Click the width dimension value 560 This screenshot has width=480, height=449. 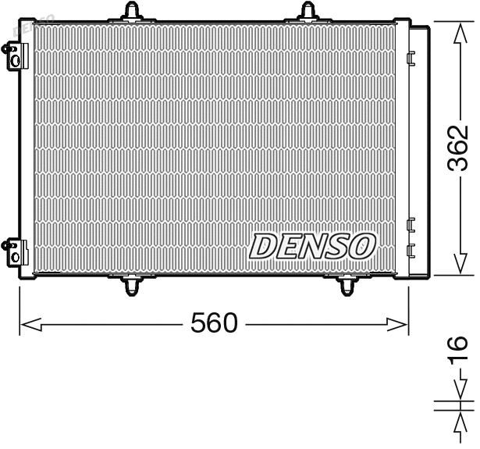coord(213,322)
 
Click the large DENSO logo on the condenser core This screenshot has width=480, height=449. coord(312,247)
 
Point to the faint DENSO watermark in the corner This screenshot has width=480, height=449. coord(35,23)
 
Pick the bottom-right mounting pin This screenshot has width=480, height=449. coord(346,287)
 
